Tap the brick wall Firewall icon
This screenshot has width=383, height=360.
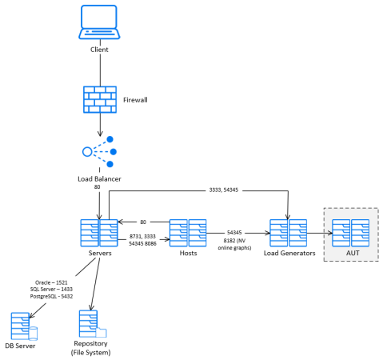[x=99, y=99]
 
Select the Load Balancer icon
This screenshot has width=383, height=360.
[x=99, y=151]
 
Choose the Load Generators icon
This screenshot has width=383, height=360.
[x=288, y=232]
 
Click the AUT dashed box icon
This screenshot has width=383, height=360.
[x=351, y=233]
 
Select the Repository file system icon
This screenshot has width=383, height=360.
[x=91, y=322]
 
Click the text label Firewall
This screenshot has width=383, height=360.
[x=137, y=101]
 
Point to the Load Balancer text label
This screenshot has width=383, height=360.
[x=99, y=179]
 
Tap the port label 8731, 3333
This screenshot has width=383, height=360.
[x=144, y=236]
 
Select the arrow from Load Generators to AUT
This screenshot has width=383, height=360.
[x=317, y=233]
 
